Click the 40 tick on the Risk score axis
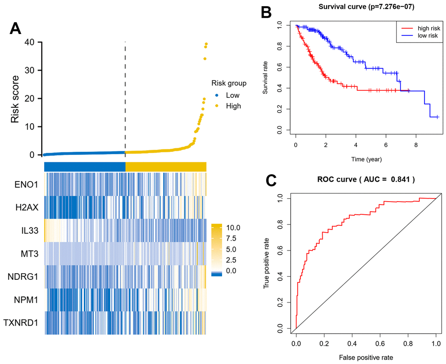coord(30,42)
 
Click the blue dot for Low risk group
coord(217,95)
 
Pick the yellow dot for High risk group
coord(217,106)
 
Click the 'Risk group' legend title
coord(229,83)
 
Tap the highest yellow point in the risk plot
coord(206,44)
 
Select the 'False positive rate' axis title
coord(366,357)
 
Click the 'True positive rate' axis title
coord(266,264)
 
